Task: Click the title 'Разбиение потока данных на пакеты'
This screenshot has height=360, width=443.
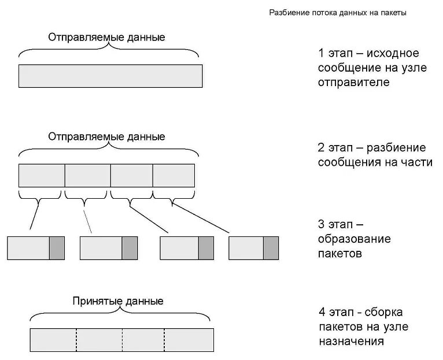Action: (338, 13)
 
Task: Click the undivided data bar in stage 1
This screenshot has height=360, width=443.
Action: (110, 76)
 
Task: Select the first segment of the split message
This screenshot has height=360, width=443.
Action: (42, 175)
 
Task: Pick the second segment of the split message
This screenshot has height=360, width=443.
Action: (87, 175)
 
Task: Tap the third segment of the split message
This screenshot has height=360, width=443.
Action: (131, 175)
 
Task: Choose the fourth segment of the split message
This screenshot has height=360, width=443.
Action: (173, 175)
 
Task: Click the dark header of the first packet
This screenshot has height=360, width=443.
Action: (57, 247)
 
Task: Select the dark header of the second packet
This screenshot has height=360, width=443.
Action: (130, 247)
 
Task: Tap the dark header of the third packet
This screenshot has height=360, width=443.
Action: (206, 247)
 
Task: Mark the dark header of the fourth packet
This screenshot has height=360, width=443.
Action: (271, 247)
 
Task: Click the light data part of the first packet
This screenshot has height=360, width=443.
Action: (28, 247)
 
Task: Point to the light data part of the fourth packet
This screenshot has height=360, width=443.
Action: (246, 247)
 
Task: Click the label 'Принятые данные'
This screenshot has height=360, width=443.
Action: (118, 301)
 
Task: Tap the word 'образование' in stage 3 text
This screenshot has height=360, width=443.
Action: (354, 239)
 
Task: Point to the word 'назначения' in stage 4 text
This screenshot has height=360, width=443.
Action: (351, 341)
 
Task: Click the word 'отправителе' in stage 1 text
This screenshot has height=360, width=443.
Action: (353, 82)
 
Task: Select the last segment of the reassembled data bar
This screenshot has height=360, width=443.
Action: (189, 340)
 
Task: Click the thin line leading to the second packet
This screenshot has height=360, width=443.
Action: (88, 221)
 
